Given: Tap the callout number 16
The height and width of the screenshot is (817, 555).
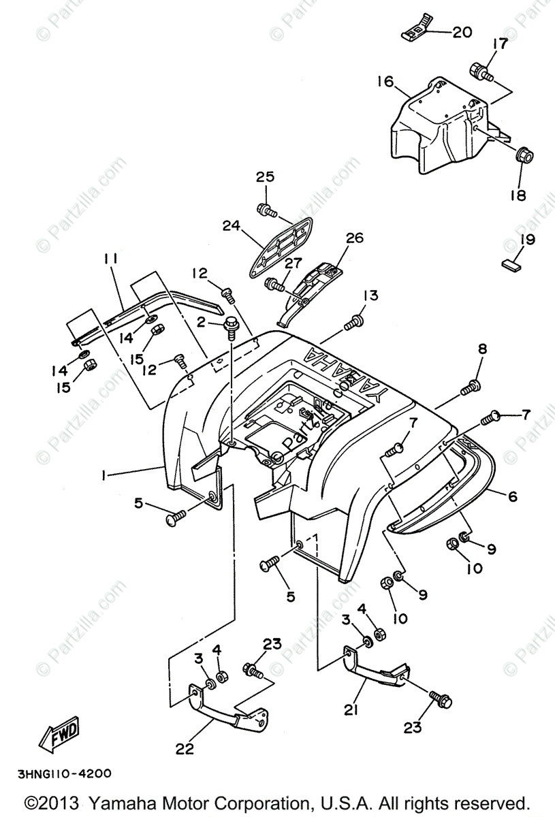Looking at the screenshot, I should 385,82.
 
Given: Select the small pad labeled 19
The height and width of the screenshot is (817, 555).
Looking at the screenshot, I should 513,263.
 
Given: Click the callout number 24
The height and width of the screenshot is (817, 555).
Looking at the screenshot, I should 232,225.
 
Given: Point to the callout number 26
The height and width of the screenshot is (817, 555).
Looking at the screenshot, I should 355,238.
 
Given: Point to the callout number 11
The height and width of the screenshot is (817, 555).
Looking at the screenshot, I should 111,259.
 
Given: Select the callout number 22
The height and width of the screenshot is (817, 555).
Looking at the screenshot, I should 185,749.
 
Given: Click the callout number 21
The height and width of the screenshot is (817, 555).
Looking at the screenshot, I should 351,711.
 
